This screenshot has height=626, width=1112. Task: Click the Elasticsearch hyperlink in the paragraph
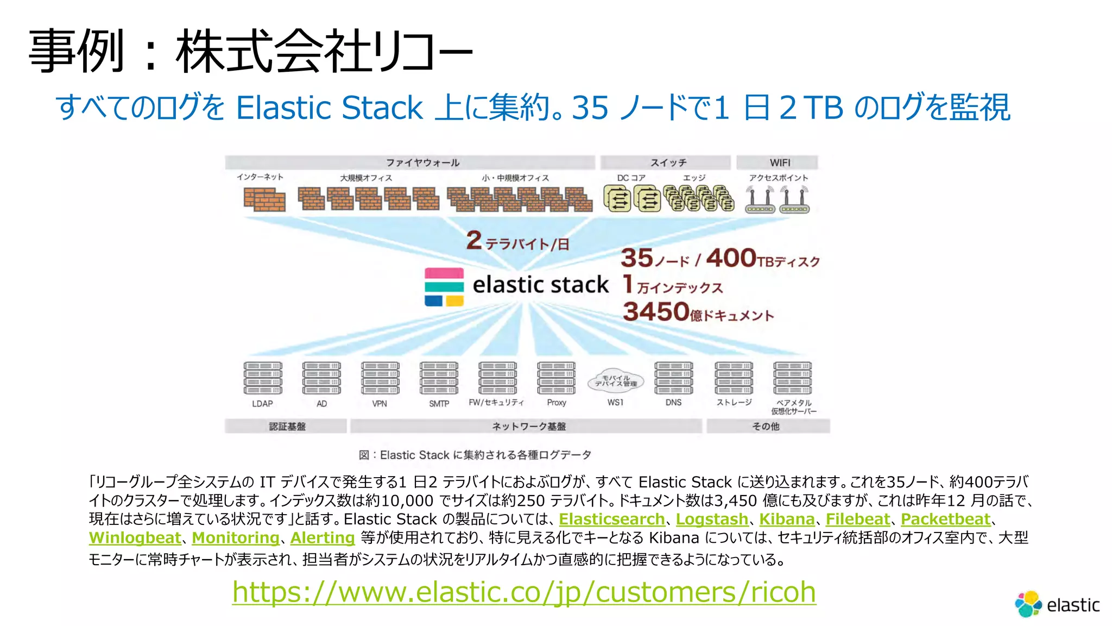coord(612,519)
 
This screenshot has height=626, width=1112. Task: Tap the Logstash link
coord(712,519)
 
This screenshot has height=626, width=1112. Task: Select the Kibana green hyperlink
coord(787,519)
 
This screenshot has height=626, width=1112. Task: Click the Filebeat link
coord(858,519)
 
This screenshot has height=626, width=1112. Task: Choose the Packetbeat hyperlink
coord(945,519)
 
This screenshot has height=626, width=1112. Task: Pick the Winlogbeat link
coord(135,538)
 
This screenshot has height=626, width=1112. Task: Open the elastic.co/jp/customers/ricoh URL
coord(524,592)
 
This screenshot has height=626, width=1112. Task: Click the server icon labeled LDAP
coord(263,378)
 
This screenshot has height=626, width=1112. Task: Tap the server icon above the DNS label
coord(674,378)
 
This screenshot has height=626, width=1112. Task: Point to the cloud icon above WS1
coord(616,381)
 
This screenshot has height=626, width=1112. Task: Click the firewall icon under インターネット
coord(264,199)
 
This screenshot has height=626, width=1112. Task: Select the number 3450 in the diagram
coord(656,311)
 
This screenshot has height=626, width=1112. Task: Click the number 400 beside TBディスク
coord(731,258)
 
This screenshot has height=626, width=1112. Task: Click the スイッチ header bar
coord(666,162)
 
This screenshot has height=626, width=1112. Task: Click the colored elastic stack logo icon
coord(444,287)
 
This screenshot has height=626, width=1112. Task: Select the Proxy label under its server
coord(557,403)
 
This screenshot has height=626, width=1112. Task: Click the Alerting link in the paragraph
coord(323,538)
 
